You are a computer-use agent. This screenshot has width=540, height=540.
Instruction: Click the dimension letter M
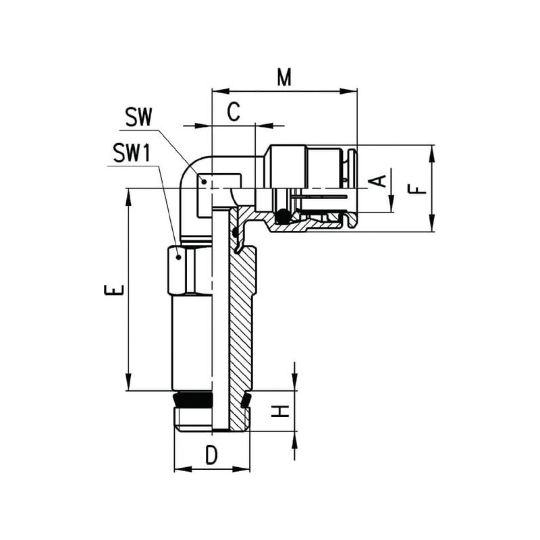[x=284, y=77]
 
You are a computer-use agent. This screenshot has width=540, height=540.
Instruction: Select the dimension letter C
[x=234, y=111]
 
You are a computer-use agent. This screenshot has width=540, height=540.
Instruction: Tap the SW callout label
[x=138, y=117]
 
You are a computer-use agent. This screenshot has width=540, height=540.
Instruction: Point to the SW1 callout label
[x=132, y=153]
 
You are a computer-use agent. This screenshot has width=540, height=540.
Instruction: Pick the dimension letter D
[x=212, y=455]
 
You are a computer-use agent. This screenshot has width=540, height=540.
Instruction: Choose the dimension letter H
[x=279, y=411]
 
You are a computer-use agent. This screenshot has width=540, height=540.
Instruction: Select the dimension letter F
[x=417, y=189]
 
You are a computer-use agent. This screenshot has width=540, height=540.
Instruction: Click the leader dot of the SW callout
[x=204, y=181]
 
